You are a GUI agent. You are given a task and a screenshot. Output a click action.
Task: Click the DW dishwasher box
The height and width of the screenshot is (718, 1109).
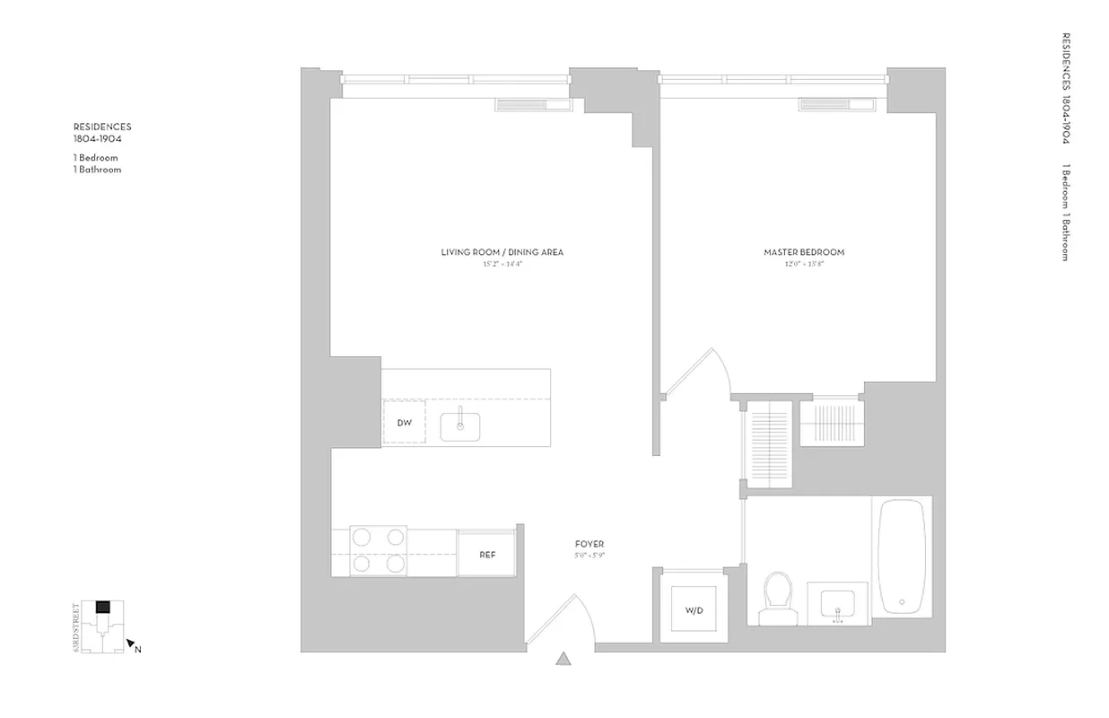point(404,423)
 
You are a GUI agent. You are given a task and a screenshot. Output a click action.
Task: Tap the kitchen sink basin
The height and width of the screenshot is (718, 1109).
point(460,426)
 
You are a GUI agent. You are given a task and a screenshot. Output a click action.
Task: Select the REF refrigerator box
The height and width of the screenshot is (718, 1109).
point(487,555)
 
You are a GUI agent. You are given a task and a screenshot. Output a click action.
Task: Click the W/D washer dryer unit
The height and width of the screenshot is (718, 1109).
point(694,610)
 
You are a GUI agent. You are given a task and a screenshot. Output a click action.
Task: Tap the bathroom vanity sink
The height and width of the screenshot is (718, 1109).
point(839,603)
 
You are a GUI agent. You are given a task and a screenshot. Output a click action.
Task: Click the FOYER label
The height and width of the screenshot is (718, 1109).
point(589,544)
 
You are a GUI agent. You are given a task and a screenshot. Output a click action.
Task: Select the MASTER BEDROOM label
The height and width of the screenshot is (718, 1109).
point(804,252)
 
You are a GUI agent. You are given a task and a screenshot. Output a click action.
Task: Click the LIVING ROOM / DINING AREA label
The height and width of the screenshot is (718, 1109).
point(502,252)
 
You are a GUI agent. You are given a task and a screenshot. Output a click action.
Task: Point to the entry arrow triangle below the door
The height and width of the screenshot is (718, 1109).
point(563,661)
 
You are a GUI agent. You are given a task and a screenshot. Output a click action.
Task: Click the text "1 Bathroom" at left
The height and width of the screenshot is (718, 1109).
point(98,170)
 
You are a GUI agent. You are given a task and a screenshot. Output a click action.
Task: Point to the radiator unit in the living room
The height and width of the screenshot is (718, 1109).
point(534,106)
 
